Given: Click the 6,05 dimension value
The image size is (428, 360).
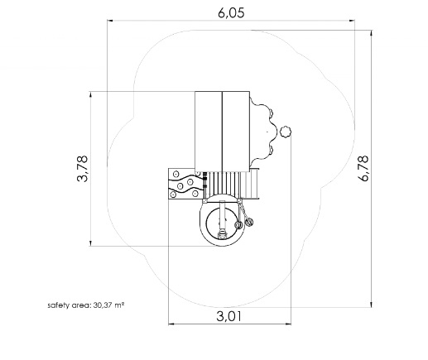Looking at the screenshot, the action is [x=231, y=12].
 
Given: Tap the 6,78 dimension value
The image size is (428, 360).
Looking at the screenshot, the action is [x=363, y=168].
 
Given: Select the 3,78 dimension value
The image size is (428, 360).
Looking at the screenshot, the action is [x=82, y=168].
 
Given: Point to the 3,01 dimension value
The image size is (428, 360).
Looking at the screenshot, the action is [x=228, y=316].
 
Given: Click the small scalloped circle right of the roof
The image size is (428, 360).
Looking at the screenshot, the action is [x=286, y=132].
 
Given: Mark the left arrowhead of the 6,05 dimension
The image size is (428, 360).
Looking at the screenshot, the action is [x=110, y=21].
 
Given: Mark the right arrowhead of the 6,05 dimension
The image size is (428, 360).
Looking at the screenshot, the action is [x=352, y=21].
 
